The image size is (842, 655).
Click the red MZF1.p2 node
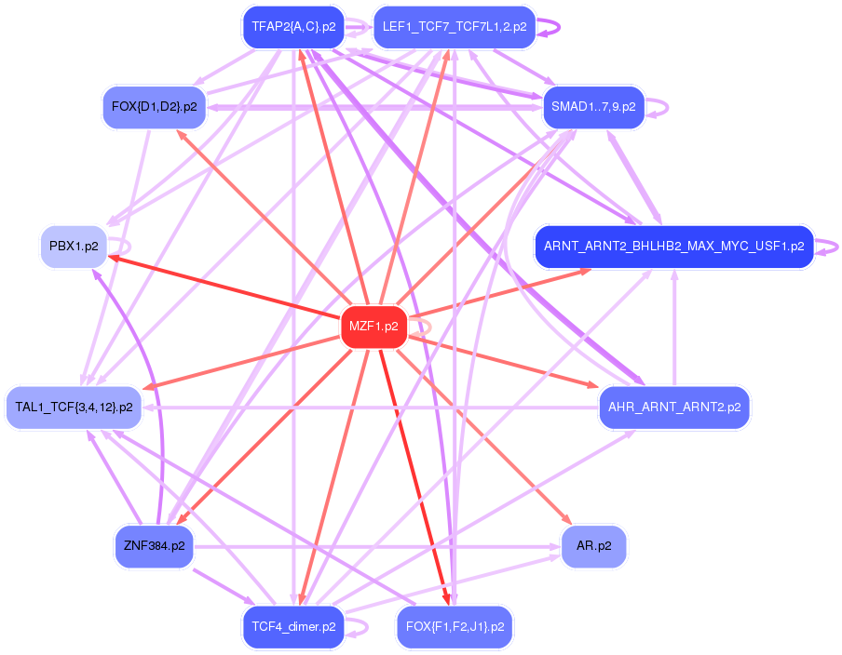click(373, 327)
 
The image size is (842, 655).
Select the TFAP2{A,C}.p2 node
click(293, 27)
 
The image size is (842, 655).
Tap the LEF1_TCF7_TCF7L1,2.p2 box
click(455, 27)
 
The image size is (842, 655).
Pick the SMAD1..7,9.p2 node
click(593, 107)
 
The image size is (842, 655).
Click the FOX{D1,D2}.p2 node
click(154, 107)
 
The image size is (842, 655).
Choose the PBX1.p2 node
click(74, 247)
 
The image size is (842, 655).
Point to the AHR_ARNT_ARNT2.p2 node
click(674, 408)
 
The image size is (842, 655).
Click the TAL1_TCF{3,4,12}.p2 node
click(74, 408)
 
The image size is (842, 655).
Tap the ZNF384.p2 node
click(154, 546)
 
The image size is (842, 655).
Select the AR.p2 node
click(593, 546)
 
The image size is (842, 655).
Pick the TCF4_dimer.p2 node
click(293, 627)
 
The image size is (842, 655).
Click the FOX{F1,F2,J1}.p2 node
click(455, 627)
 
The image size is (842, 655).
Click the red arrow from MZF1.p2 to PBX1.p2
click(224, 287)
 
